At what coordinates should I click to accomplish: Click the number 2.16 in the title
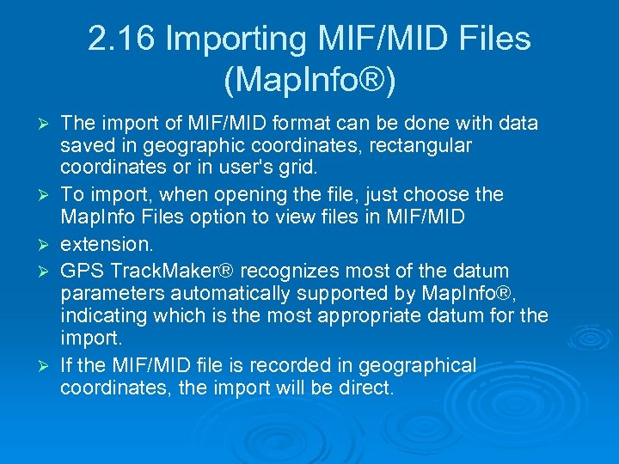coord(120,39)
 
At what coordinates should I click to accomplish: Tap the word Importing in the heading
coord(233,39)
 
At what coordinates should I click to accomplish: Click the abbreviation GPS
coord(81,272)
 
